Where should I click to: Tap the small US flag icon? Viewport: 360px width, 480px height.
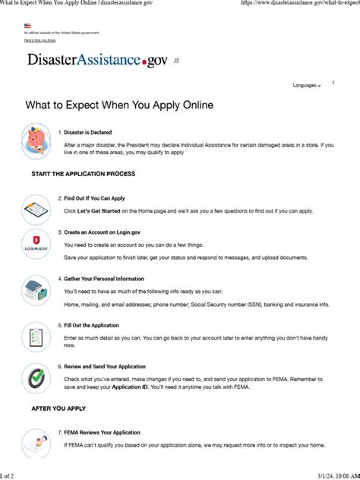pos(27,26)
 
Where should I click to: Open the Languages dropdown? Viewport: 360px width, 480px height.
pos(307,86)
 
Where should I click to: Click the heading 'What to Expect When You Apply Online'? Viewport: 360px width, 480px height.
pos(119,105)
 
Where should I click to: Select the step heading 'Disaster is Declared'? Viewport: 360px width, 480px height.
pos(87,132)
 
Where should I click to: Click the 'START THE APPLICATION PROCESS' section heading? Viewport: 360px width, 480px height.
pos(84,174)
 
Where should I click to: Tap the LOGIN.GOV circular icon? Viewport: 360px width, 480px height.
pos(36,244)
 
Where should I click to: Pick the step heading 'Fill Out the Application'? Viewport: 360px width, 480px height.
pos(93,325)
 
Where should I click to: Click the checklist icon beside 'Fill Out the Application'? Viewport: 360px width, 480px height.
pos(36,336)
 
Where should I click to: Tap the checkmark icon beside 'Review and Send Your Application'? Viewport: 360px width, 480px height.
pos(36,377)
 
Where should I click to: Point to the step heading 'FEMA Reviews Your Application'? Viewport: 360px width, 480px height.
pos(102,432)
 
